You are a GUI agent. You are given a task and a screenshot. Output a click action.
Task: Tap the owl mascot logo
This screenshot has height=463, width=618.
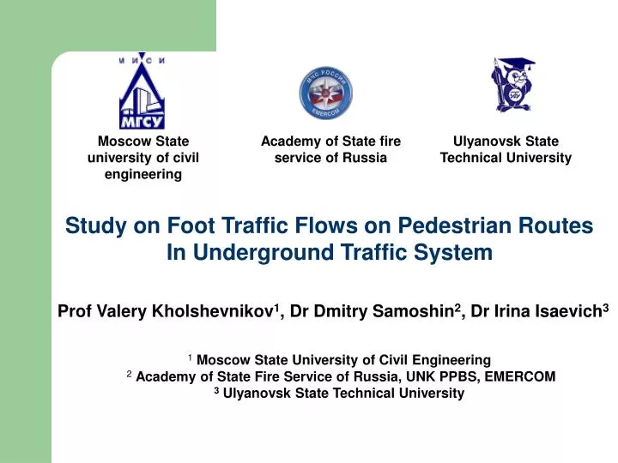512,85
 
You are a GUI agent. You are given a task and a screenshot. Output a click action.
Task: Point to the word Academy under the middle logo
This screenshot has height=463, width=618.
289,141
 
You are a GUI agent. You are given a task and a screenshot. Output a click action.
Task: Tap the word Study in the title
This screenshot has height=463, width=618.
94,226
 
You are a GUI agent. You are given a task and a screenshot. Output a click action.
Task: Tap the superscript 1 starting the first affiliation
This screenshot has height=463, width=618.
189,357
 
